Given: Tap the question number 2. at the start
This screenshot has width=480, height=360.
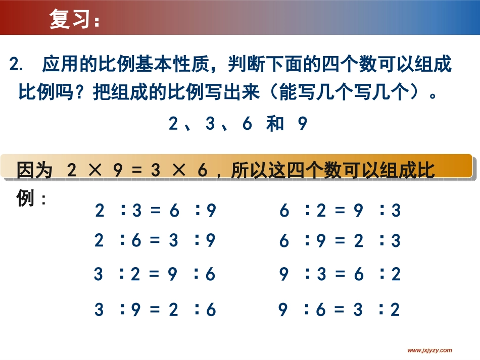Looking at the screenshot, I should [x=17, y=65].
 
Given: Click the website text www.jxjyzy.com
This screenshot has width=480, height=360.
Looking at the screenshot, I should [x=429, y=350].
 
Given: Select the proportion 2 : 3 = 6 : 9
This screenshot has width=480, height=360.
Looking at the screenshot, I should [x=156, y=211].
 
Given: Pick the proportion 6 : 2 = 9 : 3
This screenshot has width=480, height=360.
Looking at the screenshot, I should [x=340, y=211].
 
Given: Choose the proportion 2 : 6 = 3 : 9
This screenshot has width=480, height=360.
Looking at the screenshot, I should [x=155, y=241].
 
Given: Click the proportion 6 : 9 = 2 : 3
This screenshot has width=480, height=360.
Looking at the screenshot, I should [x=340, y=241].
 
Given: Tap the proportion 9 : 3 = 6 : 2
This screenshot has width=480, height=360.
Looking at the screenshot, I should [x=340, y=274].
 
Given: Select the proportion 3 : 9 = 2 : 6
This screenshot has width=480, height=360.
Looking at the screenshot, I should [x=155, y=310].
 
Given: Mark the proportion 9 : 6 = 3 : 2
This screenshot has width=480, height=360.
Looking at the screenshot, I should [x=340, y=310].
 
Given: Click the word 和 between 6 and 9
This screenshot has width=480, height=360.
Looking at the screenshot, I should [x=275, y=124].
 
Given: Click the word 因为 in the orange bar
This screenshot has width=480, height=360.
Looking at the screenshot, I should [x=34, y=171].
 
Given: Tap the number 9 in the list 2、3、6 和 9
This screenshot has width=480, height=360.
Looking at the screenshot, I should [x=302, y=124].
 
